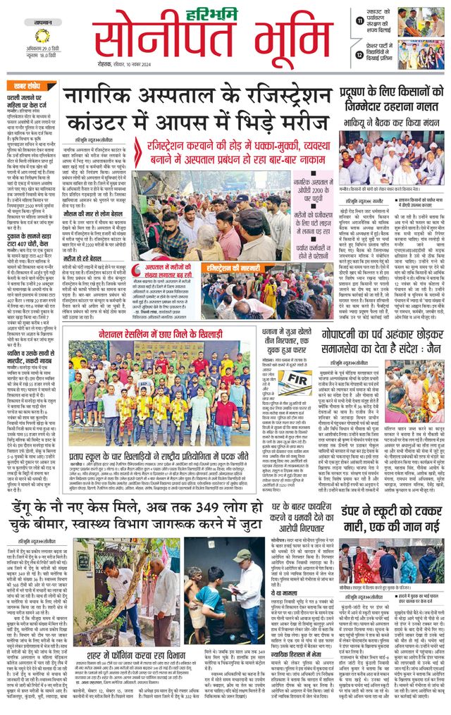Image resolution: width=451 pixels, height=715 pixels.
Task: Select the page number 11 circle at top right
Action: (x=361, y=20)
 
